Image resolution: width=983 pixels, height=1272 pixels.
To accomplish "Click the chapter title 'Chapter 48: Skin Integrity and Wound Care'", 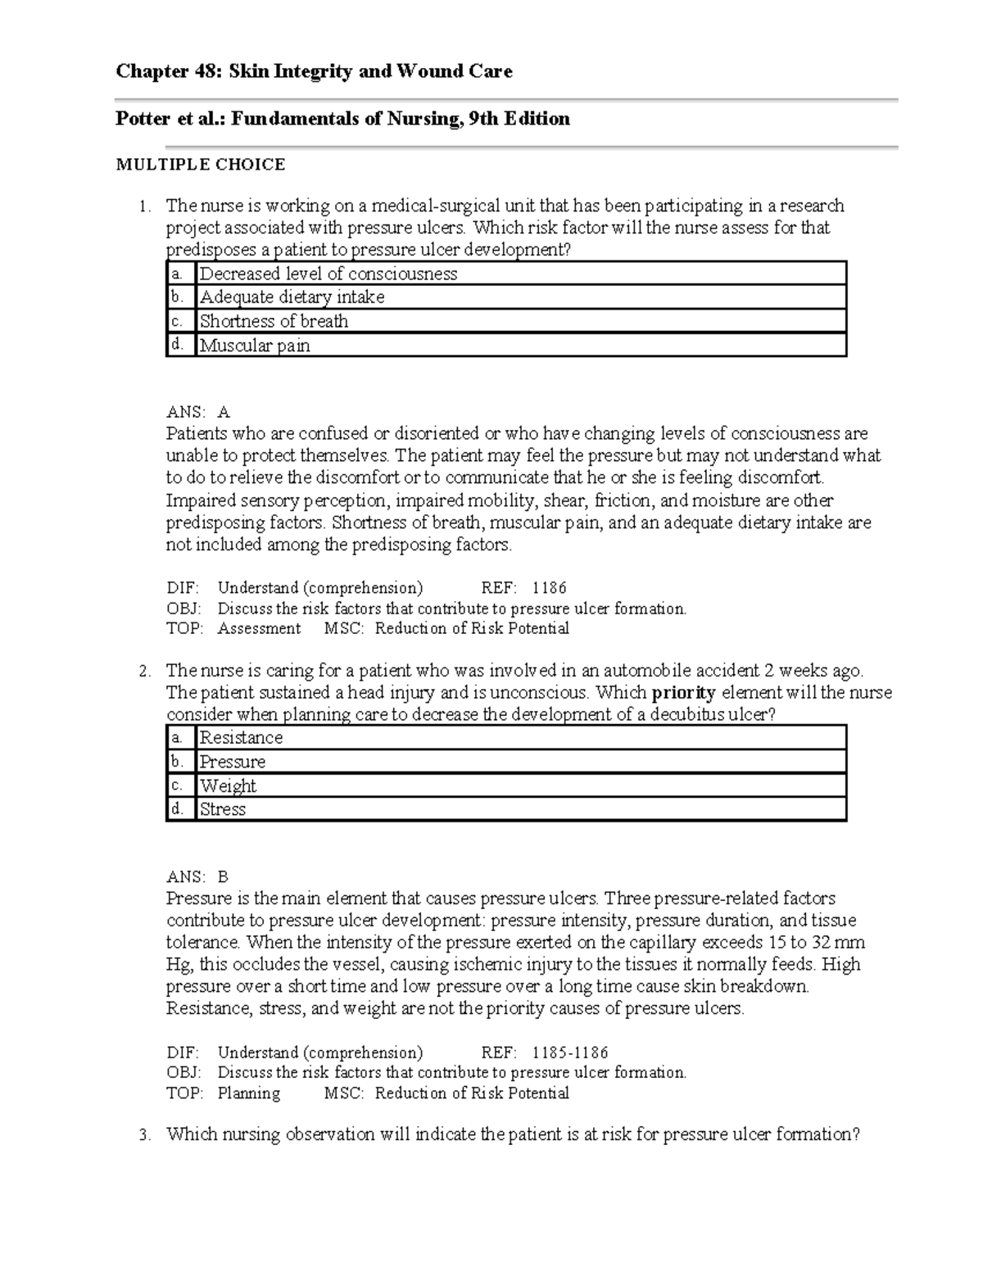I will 314,71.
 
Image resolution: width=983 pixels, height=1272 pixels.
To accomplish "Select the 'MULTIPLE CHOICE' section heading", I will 201,165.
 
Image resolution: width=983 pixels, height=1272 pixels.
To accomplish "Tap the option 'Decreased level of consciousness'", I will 328,274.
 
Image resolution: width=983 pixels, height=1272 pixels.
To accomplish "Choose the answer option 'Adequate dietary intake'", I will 292,297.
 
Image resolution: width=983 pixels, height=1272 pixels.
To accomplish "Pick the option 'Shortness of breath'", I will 274,321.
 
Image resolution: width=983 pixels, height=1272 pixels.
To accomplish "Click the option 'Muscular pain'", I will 255,346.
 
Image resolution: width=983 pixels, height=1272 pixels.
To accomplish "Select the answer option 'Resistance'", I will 241,738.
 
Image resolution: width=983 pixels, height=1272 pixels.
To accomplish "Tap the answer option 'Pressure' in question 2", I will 233,762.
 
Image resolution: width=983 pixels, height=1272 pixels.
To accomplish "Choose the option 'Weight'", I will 228,786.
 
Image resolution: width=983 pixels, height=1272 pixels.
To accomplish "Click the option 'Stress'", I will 222,809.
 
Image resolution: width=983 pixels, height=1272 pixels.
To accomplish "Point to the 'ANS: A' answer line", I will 197,412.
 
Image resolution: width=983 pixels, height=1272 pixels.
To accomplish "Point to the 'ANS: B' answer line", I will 197,876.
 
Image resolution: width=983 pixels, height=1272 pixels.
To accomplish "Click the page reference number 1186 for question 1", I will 549,588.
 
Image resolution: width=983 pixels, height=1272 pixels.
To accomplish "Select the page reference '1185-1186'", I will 569,1052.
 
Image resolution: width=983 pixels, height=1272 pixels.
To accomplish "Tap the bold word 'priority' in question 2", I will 683,693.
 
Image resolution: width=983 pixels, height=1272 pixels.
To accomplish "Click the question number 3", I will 144,1135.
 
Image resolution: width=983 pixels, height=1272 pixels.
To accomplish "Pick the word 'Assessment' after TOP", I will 259,628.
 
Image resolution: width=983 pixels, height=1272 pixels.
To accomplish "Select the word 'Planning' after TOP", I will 248,1093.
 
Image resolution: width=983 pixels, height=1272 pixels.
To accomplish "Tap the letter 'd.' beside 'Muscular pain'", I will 176,345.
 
